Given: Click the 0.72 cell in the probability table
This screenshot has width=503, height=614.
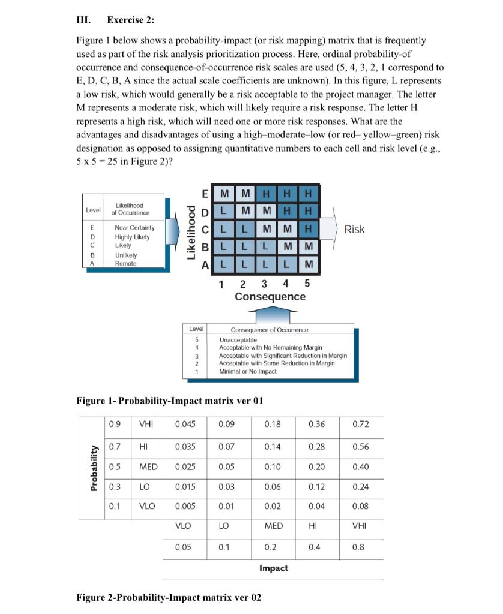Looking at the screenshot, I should (x=361, y=424).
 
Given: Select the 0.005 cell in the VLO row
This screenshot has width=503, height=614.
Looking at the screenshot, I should (x=185, y=506).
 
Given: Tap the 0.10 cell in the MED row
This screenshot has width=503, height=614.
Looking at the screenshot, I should (x=272, y=467).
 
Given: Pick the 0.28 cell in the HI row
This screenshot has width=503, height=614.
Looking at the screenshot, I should (x=316, y=446).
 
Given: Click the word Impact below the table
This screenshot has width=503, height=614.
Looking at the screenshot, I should (x=273, y=568).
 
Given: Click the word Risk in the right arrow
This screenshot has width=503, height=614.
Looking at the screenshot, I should (x=354, y=230).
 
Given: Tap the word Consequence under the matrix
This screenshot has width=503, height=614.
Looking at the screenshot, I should (x=270, y=297).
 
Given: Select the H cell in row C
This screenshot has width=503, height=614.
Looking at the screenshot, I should (x=309, y=230).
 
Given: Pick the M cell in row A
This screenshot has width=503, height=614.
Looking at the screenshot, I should (x=309, y=263).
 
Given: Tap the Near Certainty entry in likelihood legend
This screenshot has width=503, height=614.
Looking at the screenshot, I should (x=134, y=228).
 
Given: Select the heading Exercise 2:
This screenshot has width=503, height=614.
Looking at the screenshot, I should (x=130, y=20).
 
